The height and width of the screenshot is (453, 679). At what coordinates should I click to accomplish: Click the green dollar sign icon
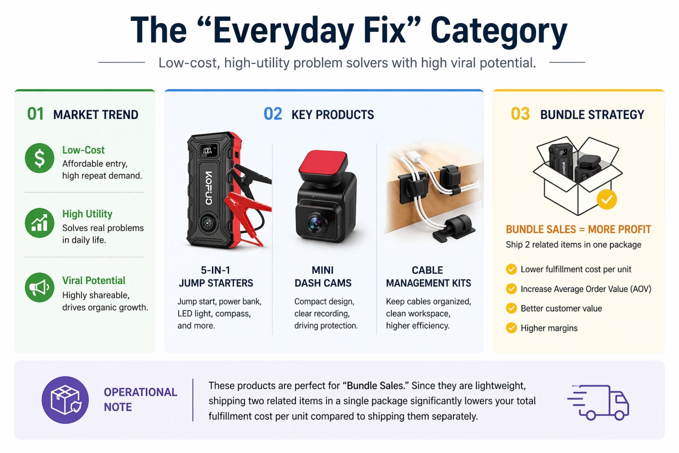click(39, 158)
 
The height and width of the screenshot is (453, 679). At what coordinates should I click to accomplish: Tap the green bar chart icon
click(39, 223)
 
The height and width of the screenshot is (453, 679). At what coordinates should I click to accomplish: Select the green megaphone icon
click(39, 288)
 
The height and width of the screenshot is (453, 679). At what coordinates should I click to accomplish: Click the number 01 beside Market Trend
click(35, 114)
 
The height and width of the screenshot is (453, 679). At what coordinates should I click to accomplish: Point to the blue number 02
click(273, 114)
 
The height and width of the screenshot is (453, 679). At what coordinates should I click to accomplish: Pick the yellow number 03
click(520, 114)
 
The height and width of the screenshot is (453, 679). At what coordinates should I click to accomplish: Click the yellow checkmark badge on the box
click(607, 199)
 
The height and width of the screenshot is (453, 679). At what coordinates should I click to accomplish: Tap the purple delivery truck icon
click(598, 402)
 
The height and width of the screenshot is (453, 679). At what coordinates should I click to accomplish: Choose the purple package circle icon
click(65, 400)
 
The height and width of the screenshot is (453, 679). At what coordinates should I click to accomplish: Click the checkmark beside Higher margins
click(511, 328)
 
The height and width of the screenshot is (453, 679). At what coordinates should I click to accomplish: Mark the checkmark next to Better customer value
click(511, 308)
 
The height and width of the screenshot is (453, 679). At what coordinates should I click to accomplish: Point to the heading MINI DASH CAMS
click(323, 277)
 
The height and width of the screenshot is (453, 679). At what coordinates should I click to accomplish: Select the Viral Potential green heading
click(94, 280)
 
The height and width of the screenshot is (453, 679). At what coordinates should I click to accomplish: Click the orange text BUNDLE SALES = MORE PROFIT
click(578, 229)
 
